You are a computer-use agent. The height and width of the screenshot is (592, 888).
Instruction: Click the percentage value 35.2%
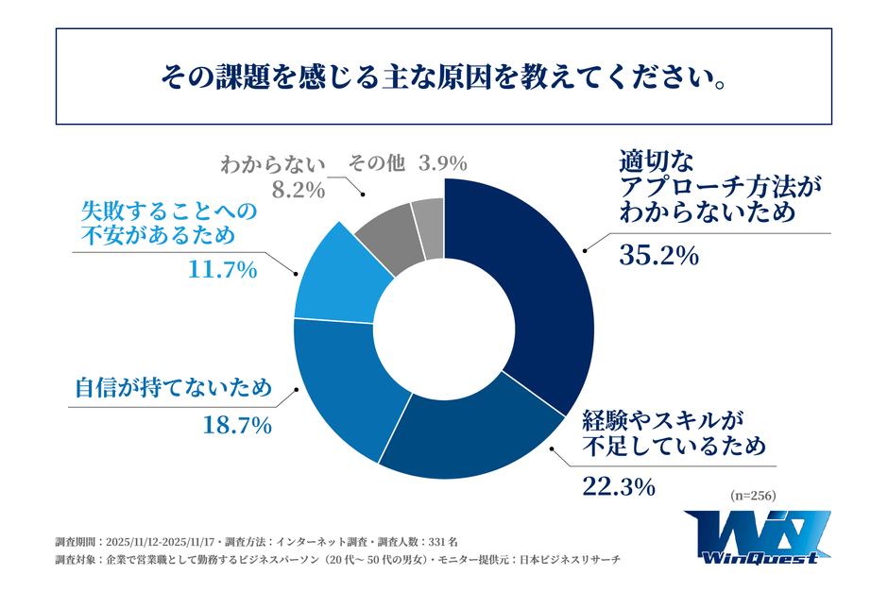658,254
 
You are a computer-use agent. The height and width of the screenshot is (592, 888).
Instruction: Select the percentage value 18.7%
237,426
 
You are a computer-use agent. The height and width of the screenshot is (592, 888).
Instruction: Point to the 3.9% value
442,163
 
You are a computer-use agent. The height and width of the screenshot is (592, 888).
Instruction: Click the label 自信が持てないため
174,387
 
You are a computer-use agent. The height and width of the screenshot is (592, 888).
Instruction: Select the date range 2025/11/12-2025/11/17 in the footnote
160,543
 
